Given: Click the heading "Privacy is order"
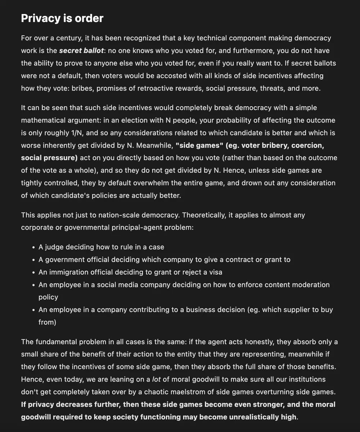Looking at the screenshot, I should pos(62,18).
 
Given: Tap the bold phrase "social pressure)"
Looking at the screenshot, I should pos(49,158).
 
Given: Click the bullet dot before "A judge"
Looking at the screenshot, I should pos(33,247).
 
